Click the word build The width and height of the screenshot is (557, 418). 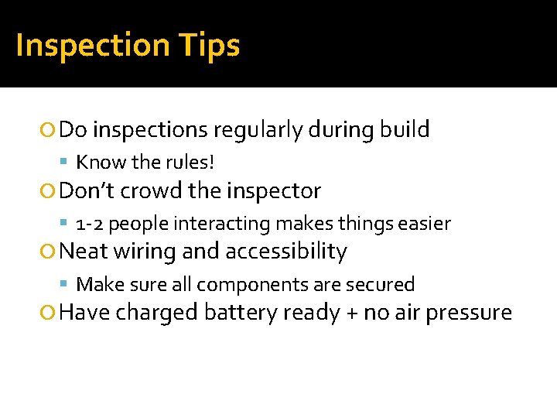pos(405,129)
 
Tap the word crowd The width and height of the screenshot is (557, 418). pos(150,190)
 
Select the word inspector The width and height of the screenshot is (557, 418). pos(272,191)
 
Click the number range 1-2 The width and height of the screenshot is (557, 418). pos(87,224)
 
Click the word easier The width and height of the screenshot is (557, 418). pos(424,224)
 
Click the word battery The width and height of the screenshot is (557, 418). pos(241,313)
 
